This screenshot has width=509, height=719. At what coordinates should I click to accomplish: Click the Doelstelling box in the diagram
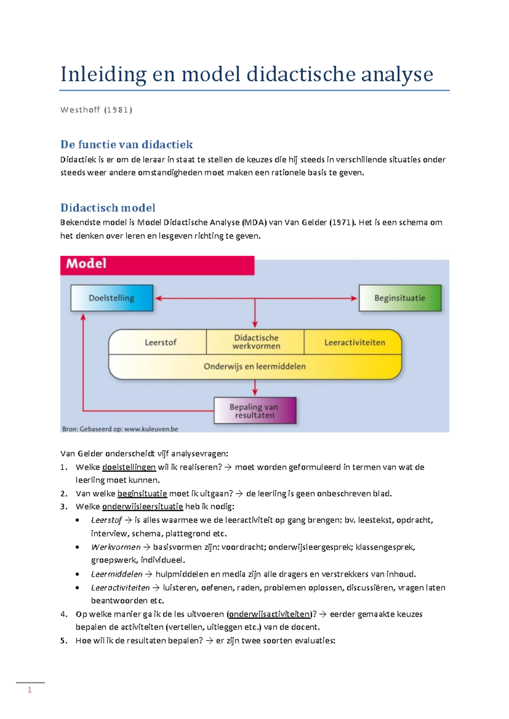(112, 298)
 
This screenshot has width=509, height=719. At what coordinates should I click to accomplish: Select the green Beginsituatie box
(400, 298)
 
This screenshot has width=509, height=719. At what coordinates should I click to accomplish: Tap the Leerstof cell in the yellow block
(160, 342)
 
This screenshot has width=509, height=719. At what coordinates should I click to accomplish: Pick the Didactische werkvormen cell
(256, 342)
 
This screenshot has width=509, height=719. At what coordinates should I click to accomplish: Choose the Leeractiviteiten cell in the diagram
(355, 342)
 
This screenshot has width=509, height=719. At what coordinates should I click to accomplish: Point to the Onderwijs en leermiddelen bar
(255, 366)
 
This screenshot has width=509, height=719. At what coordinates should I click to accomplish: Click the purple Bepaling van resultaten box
(255, 411)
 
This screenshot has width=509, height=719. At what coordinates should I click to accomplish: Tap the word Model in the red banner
(86, 264)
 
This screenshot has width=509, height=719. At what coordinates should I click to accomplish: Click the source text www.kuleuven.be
(151, 429)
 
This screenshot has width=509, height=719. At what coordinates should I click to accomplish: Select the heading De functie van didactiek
(126, 145)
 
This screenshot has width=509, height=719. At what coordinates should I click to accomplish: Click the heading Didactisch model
(108, 208)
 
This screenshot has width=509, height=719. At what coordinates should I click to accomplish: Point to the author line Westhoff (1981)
(96, 110)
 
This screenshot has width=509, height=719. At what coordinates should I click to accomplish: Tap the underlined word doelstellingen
(129, 467)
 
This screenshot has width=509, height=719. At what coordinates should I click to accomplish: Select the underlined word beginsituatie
(142, 493)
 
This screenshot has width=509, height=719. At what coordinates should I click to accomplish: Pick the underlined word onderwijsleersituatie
(143, 507)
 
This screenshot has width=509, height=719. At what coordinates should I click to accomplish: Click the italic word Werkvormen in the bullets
(116, 547)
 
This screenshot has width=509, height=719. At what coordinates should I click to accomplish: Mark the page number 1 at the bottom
(30, 690)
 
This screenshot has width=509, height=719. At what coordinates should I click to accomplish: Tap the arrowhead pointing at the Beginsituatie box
(354, 298)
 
